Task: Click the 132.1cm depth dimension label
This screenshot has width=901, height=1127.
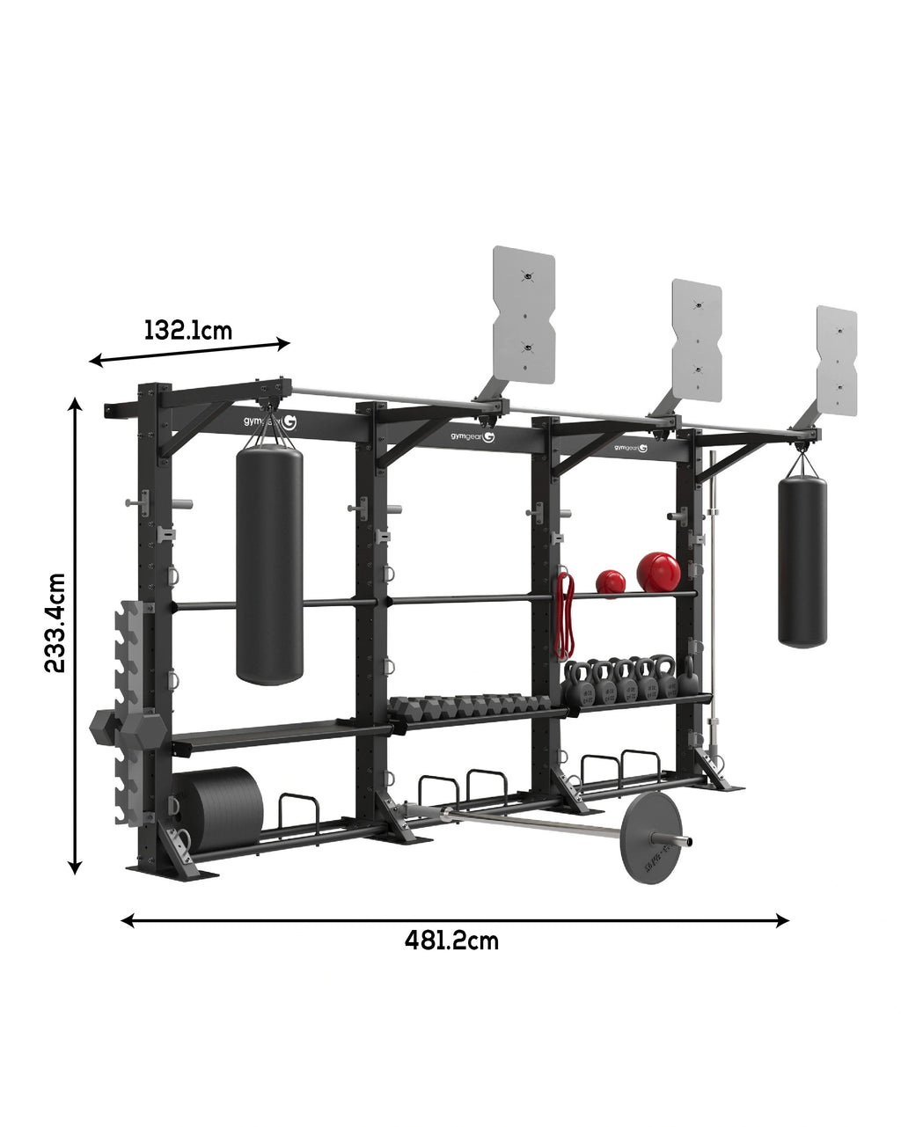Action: [x=188, y=331]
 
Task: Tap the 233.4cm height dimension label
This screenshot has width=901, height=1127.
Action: [x=55, y=623]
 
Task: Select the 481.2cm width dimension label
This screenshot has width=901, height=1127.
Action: [x=451, y=940]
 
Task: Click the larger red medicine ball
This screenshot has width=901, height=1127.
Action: [x=658, y=572]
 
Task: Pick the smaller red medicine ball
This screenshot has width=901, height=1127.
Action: [x=611, y=582]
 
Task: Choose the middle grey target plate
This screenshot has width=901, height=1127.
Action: [x=696, y=340]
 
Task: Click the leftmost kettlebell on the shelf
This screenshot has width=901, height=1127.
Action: [x=579, y=683]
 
